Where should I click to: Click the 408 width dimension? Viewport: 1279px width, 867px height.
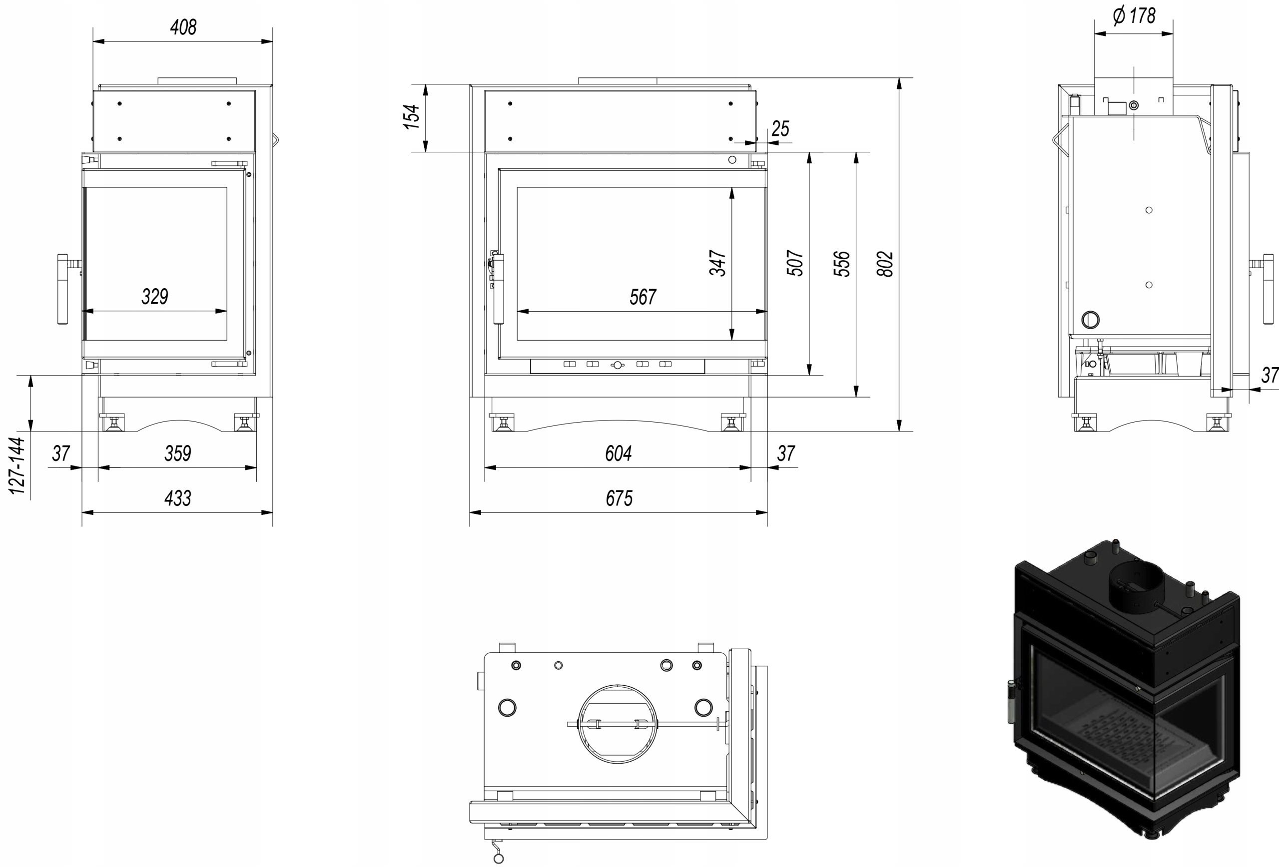pyautogui.click(x=183, y=27)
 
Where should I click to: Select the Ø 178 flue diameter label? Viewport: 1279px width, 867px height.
pyautogui.click(x=1134, y=15)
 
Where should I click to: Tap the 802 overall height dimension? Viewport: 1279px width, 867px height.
pyautogui.click(x=884, y=264)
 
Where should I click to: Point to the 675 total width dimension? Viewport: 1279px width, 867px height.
pyautogui.click(x=619, y=498)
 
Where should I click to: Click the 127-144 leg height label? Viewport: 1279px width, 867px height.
pyautogui.click(x=17, y=465)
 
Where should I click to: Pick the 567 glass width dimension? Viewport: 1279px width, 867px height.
pyautogui.click(x=643, y=297)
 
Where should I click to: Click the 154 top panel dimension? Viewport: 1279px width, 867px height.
pyautogui.click(x=412, y=117)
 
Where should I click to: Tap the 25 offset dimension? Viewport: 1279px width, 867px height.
pyautogui.click(x=780, y=129)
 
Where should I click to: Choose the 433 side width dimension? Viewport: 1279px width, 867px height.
pyautogui.click(x=178, y=498)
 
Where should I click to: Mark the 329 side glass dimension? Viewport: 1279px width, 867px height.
pyautogui.click(x=155, y=297)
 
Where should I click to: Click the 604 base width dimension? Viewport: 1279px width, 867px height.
pyautogui.click(x=619, y=453)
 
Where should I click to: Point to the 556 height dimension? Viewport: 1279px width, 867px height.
pyautogui.click(x=841, y=264)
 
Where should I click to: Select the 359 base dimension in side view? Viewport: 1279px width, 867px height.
pyautogui.click(x=178, y=453)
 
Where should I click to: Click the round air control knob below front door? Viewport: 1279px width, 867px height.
pyautogui.click(x=618, y=365)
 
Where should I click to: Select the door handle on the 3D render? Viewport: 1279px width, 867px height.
pyautogui.click(x=1011, y=701)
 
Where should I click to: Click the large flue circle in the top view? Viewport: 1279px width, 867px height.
pyautogui.click(x=618, y=724)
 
